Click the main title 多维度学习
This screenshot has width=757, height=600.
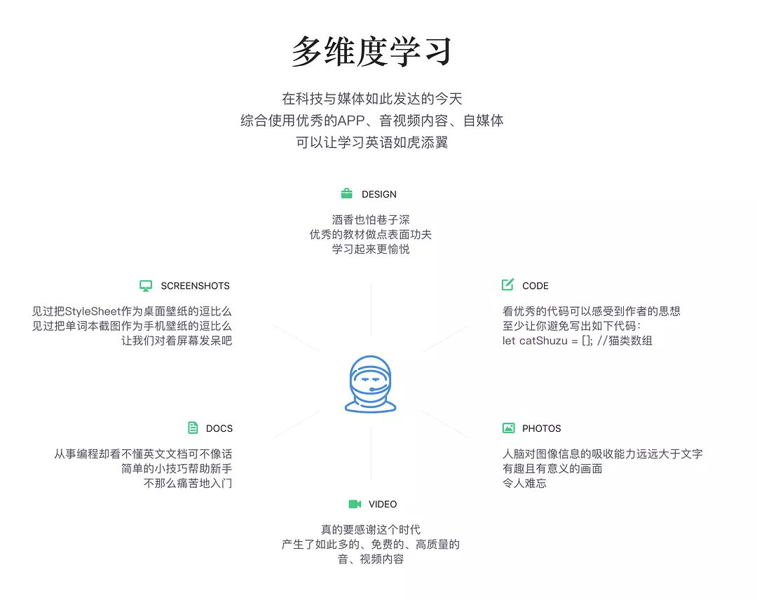pyautogui.click(x=371, y=51)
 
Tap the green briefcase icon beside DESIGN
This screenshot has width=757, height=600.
pyautogui.click(x=347, y=193)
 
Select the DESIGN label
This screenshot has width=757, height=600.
pyautogui.click(x=379, y=194)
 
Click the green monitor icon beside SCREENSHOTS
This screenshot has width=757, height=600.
pyautogui.click(x=146, y=286)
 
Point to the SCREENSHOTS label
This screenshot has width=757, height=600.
pyautogui.click(x=195, y=286)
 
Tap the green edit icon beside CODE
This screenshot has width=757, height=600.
pyautogui.click(x=508, y=285)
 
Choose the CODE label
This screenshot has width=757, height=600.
pyautogui.click(x=536, y=286)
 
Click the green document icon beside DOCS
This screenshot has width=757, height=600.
pyautogui.click(x=193, y=428)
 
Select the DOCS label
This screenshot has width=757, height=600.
pyautogui.click(x=219, y=428)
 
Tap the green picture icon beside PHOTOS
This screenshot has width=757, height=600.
pyautogui.click(x=508, y=428)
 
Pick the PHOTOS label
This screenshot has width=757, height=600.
pyautogui.click(x=542, y=428)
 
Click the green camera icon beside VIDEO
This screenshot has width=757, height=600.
pyautogui.click(x=355, y=504)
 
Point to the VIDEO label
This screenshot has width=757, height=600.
pyautogui.click(x=383, y=504)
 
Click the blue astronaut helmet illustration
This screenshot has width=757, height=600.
pyautogui.click(x=370, y=384)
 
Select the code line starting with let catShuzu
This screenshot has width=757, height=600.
pyautogui.click(x=578, y=341)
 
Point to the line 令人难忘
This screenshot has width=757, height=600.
pyautogui.click(x=525, y=483)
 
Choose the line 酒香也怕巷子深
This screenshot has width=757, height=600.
pyautogui.click(x=371, y=220)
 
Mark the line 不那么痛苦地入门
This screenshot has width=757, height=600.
pyautogui.click(x=188, y=483)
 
